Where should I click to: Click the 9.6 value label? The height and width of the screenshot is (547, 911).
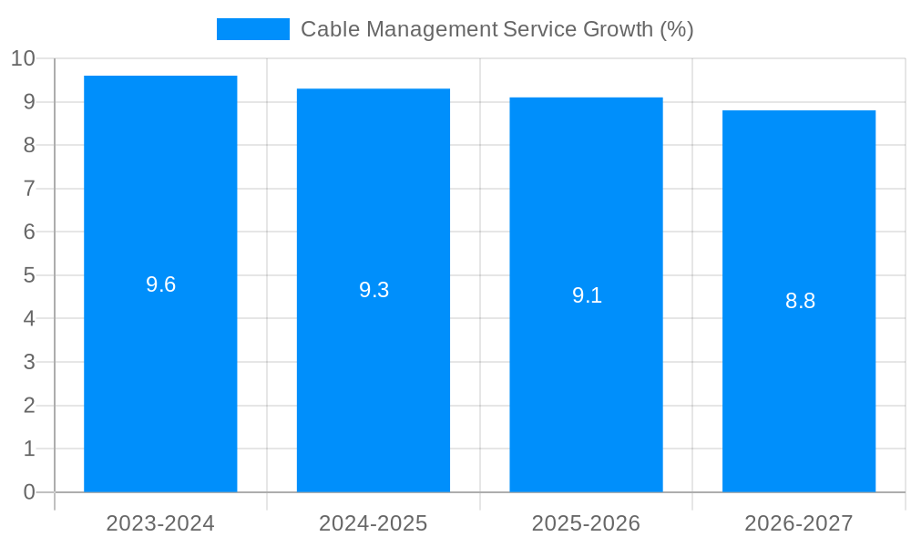coord(160,284)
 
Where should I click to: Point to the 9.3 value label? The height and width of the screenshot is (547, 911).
coord(374,290)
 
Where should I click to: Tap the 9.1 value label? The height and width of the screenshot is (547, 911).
coord(587,295)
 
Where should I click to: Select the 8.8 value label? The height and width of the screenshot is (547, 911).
coord(800,301)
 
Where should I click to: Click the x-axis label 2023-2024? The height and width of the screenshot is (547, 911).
coord(160,523)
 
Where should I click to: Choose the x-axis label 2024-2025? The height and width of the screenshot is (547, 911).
coord(374,523)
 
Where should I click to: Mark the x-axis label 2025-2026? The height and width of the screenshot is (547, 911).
coord(586,523)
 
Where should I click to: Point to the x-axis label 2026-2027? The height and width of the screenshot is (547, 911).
coord(799,523)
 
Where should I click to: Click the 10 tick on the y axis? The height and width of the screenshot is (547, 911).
coord(23,59)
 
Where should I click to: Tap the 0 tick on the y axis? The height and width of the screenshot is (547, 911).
coord(29,492)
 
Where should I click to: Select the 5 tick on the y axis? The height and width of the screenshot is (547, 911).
coord(29,275)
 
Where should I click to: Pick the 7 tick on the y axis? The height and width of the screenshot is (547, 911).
coord(29,189)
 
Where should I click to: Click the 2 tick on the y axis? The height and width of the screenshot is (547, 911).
coord(29,406)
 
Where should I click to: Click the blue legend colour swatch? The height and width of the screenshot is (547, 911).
coord(252,29)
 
